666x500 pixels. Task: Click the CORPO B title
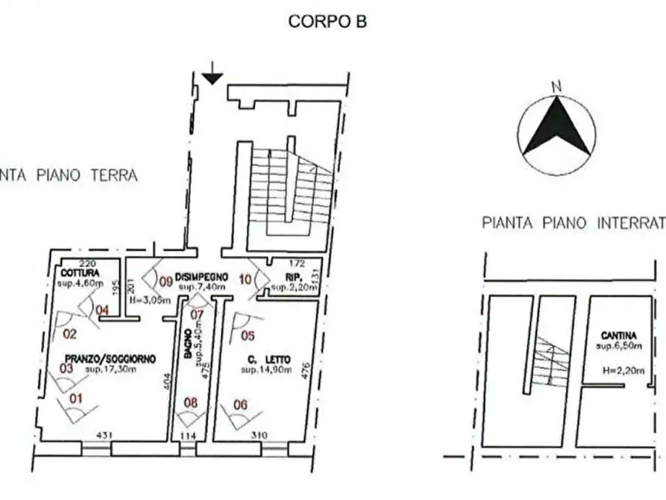tap(327, 22)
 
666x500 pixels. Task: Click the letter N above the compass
tap(556, 86)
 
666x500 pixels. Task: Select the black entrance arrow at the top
tap(213, 76)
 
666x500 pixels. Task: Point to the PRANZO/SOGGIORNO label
tap(111, 359)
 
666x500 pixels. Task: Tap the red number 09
tap(166, 282)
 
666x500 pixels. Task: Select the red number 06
tap(240, 404)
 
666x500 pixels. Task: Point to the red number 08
tap(192, 404)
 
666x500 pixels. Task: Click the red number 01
tap(75, 399)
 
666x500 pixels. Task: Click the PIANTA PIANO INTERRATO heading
tap(574, 222)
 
